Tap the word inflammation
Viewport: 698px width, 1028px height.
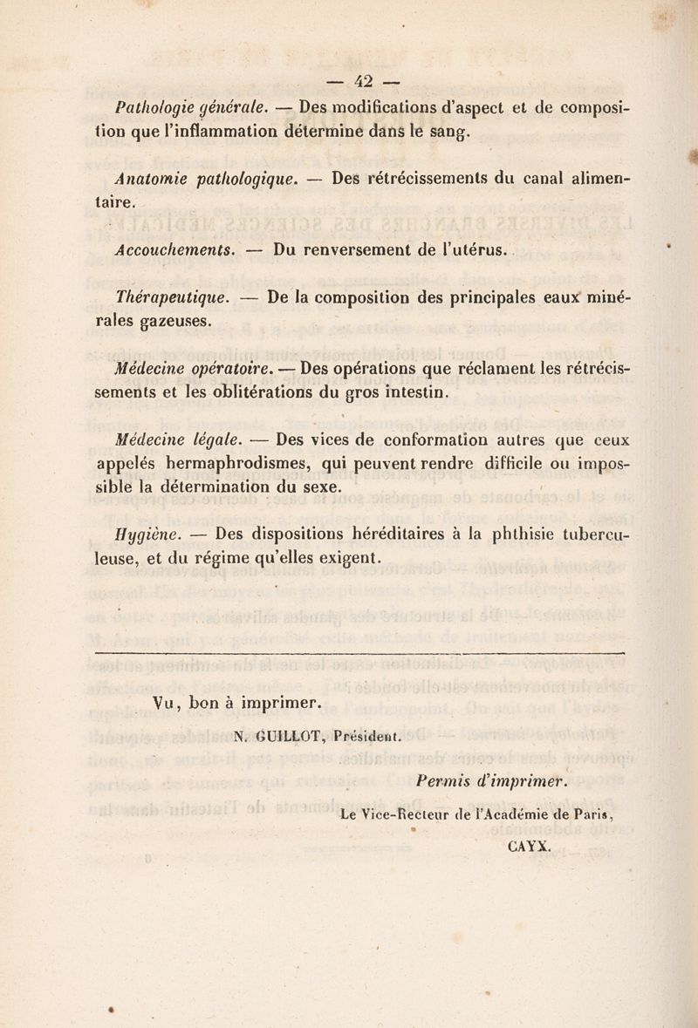point(250,133)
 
